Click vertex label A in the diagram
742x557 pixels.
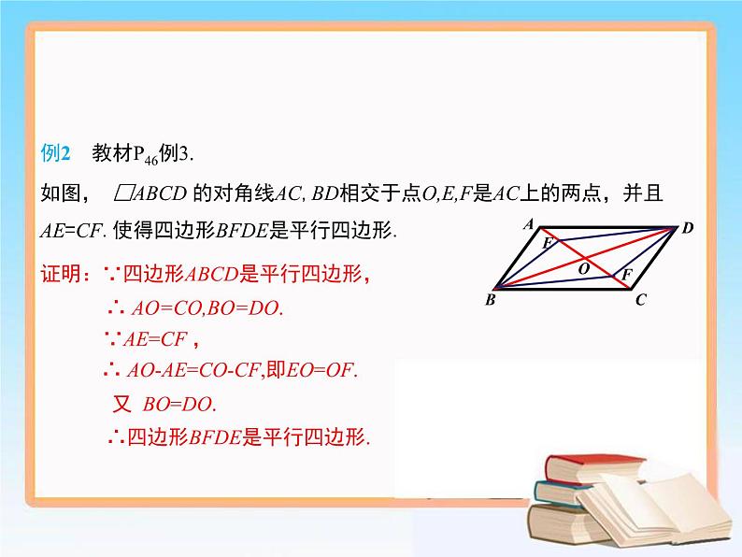(x=528, y=224)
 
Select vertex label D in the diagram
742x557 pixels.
(x=687, y=227)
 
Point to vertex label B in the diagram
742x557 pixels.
(x=490, y=300)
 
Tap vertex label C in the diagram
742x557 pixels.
(x=640, y=300)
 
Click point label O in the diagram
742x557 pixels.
(x=583, y=268)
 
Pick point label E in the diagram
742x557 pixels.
(x=548, y=243)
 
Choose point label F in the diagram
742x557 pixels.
(x=626, y=274)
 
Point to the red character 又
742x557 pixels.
(x=121, y=405)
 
